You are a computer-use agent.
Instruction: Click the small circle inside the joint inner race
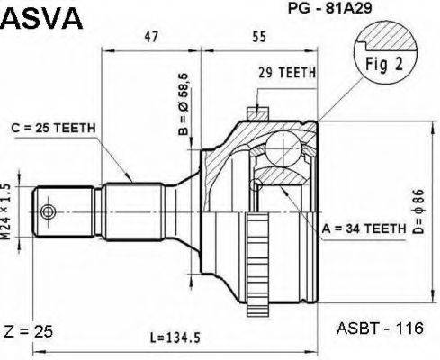258,184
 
